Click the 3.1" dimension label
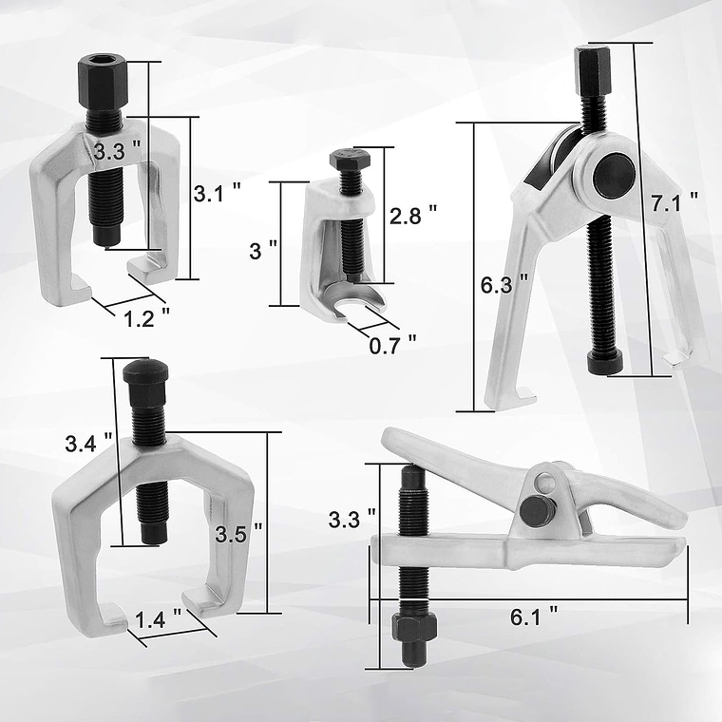click(217, 194)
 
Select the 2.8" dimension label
click(413, 217)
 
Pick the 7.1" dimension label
click(680, 199)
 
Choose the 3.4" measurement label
click(88, 443)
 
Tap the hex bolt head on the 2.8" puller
click(345, 159)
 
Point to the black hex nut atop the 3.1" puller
click(102, 72)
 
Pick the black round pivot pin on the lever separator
click(538, 512)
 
